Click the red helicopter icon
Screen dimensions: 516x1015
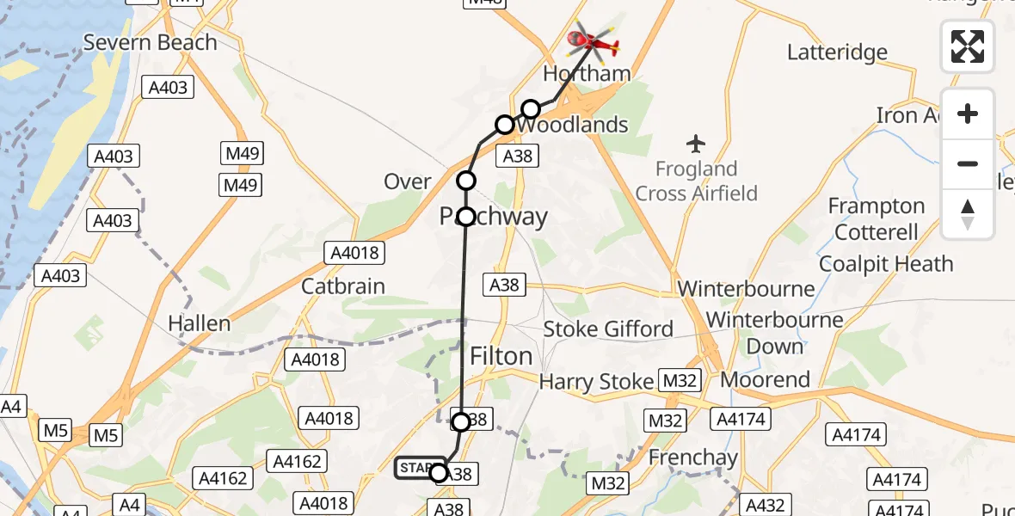point(594,40)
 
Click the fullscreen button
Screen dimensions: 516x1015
point(968,46)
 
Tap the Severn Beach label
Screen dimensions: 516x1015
point(151,42)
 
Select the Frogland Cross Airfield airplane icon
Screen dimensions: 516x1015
point(696,142)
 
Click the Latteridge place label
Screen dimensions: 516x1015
point(837,52)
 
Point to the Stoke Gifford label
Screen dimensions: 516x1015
point(608,329)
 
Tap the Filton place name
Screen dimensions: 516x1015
point(501,356)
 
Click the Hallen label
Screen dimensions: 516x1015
point(200,324)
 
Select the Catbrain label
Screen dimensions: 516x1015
point(343,286)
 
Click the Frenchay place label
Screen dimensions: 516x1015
point(693,458)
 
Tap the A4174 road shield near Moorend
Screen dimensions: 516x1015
point(740,419)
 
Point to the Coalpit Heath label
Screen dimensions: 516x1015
point(886,264)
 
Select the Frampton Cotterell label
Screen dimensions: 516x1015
point(877,219)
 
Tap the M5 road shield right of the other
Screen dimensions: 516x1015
point(106,436)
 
